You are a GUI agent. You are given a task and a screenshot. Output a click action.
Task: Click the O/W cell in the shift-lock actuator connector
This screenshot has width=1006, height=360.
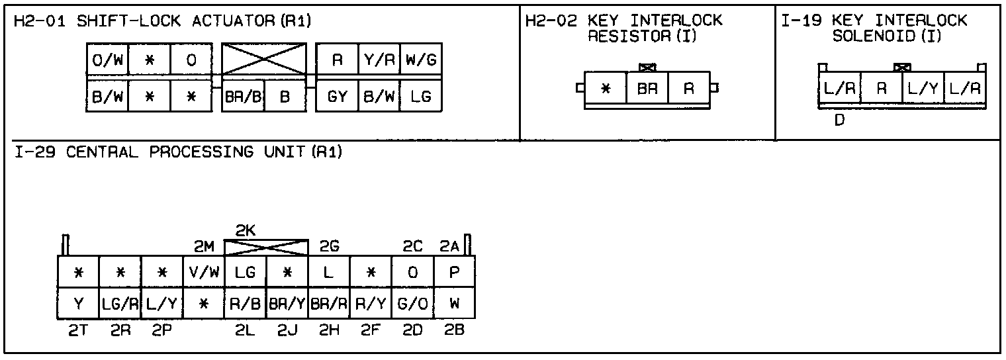pyautogui.click(x=107, y=61)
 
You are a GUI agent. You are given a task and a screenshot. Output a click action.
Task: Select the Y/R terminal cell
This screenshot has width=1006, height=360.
pyautogui.click(x=379, y=61)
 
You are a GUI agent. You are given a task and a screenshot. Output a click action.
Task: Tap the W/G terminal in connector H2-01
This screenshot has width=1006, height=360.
pyautogui.click(x=421, y=61)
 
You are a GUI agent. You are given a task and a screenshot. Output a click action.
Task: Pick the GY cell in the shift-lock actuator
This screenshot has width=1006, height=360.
pyautogui.click(x=337, y=97)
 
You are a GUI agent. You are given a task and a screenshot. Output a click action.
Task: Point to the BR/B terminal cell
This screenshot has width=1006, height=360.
pyautogui.click(x=243, y=97)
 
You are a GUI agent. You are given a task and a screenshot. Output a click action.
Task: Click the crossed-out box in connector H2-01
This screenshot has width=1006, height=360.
pyautogui.click(x=264, y=60)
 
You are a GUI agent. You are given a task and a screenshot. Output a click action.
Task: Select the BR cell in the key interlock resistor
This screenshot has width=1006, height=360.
pyautogui.click(x=647, y=89)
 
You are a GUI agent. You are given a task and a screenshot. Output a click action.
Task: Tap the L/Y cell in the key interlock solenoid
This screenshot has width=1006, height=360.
pyautogui.click(x=923, y=89)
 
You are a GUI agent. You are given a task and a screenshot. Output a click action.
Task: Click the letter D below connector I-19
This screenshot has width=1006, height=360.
pyautogui.click(x=839, y=121)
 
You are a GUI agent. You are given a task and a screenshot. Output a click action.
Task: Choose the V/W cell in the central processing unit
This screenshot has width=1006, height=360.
pyautogui.click(x=204, y=272)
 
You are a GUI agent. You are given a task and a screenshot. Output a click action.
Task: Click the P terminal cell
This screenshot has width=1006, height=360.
pyautogui.click(x=454, y=272)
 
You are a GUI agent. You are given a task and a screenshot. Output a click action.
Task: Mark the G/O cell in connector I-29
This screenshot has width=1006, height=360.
pyautogui.click(x=412, y=304)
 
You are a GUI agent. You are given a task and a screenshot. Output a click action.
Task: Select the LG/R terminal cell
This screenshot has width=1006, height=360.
pyautogui.click(x=120, y=304)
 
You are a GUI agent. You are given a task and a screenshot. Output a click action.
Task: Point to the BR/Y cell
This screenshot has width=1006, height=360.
pyautogui.click(x=287, y=304)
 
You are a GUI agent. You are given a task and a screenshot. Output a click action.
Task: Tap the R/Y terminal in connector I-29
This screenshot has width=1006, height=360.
pyautogui.click(x=371, y=304)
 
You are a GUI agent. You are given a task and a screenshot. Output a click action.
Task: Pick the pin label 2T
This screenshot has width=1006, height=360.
pyautogui.click(x=78, y=331)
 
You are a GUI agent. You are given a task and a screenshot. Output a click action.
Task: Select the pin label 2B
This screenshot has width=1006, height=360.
pyautogui.click(x=454, y=331)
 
